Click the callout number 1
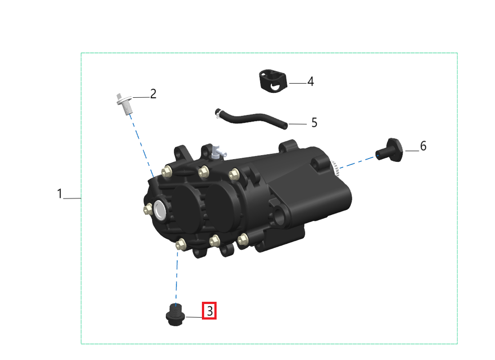[60, 193]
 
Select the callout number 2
[153, 94]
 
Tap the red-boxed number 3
[209, 311]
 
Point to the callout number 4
[310, 81]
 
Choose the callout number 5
[314, 122]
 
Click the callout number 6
[423, 146]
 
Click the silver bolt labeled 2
[125, 104]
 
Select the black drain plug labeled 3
[175, 314]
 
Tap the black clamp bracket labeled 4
[273, 81]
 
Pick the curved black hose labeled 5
[253, 118]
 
